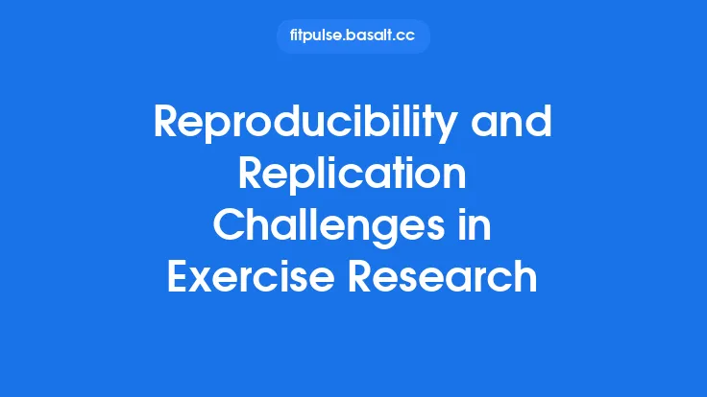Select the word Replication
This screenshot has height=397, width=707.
point(353,176)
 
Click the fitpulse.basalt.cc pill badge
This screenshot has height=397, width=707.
point(353,36)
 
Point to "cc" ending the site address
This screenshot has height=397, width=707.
point(409,36)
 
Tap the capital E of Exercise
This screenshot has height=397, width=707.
point(179,276)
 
